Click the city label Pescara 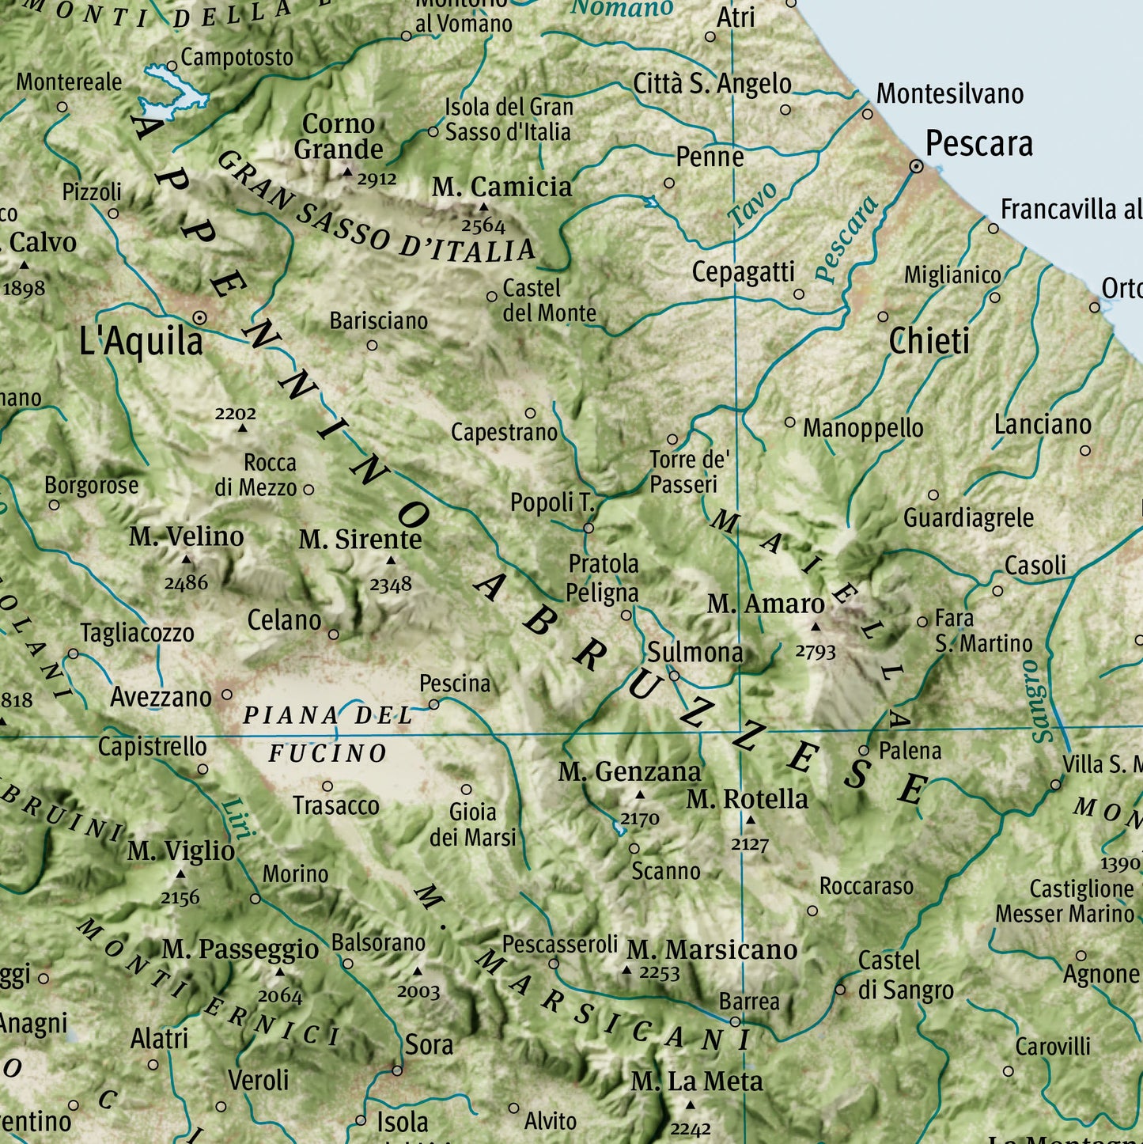[x=978, y=145]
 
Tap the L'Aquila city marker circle [x=200, y=318]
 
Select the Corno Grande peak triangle [x=346, y=172]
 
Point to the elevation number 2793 [x=815, y=652]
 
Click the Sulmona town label [x=695, y=653]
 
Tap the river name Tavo [x=752, y=204]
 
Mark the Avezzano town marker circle [x=227, y=695]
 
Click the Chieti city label [x=929, y=342]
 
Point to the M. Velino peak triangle [x=187, y=559]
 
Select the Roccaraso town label [x=866, y=886]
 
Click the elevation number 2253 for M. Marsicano [x=659, y=972]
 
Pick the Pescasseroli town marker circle [x=554, y=964]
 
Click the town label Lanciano [x=1042, y=425]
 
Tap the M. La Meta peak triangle [x=690, y=1105]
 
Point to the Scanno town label [x=665, y=871]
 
